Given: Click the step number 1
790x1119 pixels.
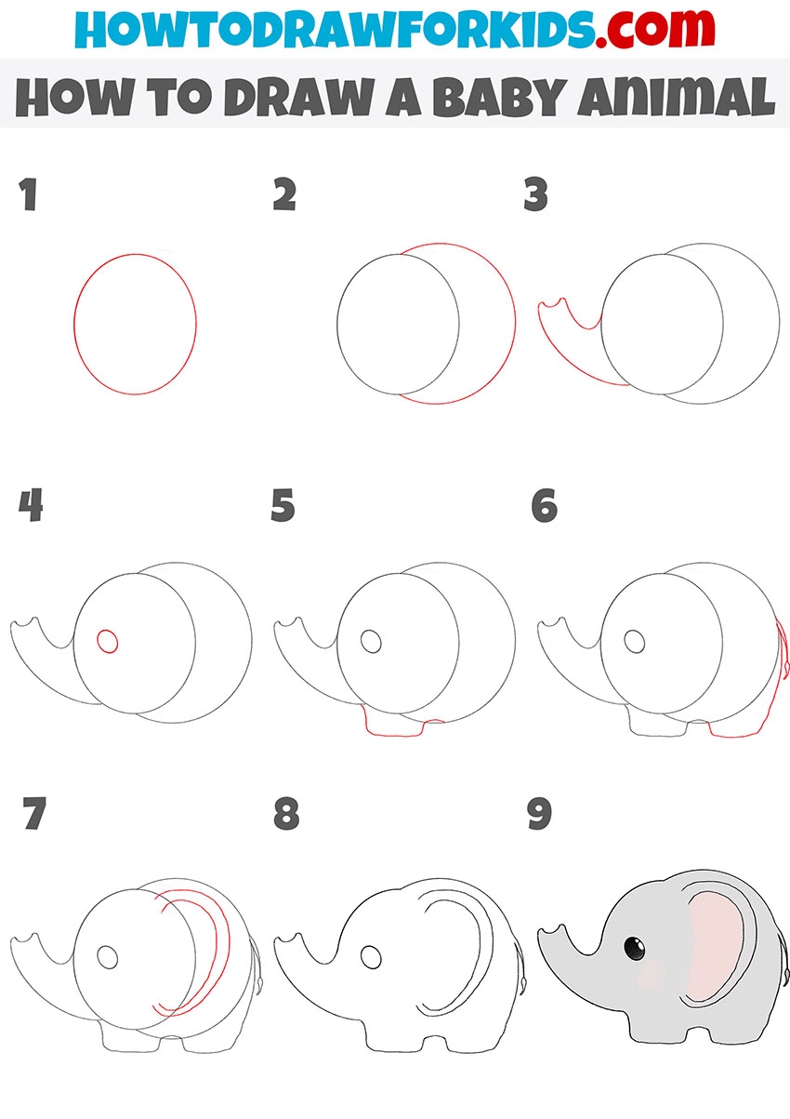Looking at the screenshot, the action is (x=29, y=194).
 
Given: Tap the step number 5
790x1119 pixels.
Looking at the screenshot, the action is (x=283, y=505).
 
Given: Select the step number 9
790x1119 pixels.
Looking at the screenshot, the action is (x=539, y=813).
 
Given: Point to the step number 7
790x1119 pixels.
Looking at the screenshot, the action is (x=34, y=813).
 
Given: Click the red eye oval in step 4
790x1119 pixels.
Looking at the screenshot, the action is (x=107, y=641).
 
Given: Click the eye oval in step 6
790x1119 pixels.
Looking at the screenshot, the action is (x=634, y=641).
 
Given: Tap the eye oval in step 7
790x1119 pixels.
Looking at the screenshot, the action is (x=107, y=956).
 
